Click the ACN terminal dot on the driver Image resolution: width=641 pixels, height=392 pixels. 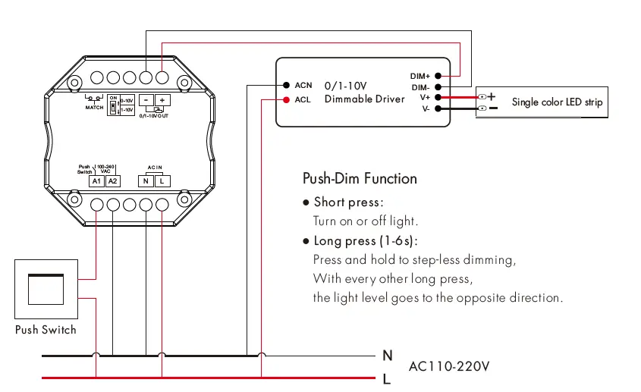click(287, 85)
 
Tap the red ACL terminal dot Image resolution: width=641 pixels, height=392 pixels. click(287, 99)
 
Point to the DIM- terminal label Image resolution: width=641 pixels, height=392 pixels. click(420, 87)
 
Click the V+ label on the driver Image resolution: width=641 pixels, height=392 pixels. click(425, 98)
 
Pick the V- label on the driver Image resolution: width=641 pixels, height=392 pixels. click(426, 109)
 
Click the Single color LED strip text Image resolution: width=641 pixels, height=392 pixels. click(557, 102)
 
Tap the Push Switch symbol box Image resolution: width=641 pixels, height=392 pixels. click(46, 289)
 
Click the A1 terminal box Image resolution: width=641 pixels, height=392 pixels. click(96, 180)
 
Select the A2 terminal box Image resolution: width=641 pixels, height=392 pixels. click(112, 180)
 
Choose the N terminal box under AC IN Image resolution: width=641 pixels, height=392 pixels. click(146, 180)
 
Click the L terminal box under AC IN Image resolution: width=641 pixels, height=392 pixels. click(161, 180)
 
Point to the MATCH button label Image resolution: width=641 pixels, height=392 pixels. click(94, 108)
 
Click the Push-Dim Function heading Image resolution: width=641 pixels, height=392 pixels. click(360, 179)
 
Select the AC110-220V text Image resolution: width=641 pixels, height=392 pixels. click(449, 366)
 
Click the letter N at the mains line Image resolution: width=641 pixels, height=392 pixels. click(387, 355)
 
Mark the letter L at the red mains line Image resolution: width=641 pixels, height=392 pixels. click(387, 379)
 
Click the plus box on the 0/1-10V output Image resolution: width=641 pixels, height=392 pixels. click(163, 100)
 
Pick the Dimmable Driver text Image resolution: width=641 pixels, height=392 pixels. click(364, 99)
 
